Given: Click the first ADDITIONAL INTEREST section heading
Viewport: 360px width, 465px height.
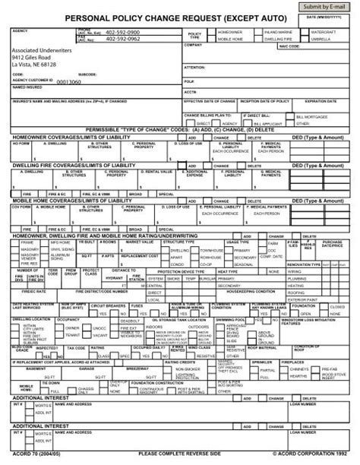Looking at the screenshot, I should pyautogui.click(x=39, y=398).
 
